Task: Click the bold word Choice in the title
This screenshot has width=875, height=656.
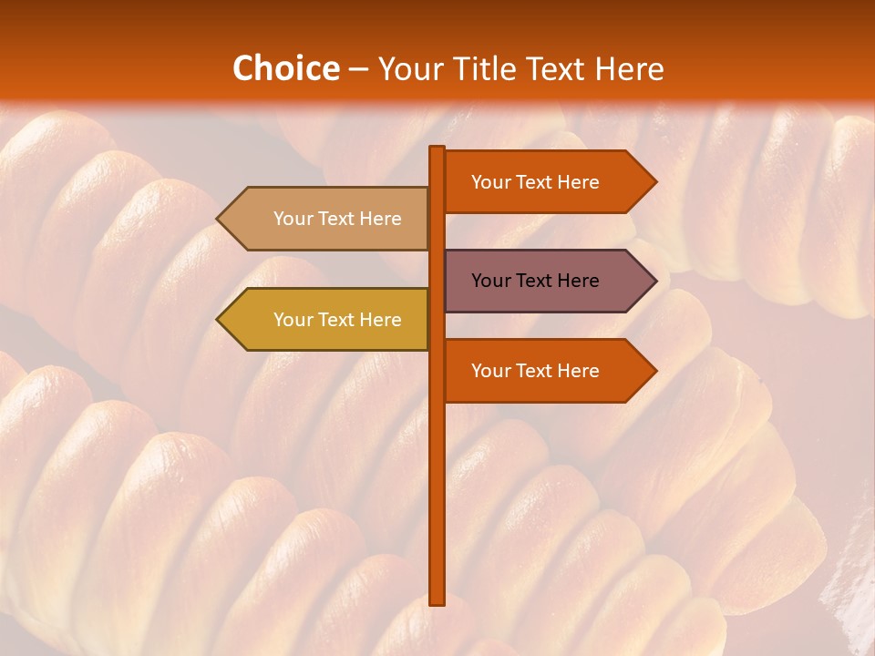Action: coord(285,69)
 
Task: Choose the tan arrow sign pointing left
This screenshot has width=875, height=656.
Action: coord(328,219)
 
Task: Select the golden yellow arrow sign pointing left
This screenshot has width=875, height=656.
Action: coord(328,320)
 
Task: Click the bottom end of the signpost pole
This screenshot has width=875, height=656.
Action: coord(437,601)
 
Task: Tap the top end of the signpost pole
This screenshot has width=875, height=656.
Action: coord(437,149)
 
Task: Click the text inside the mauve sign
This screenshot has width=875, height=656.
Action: coord(535,281)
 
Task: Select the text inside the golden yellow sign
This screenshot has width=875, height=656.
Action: coord(337,320)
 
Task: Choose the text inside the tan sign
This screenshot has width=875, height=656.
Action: coord(337,219)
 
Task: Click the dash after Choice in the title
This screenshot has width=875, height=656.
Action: coord(358,69)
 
